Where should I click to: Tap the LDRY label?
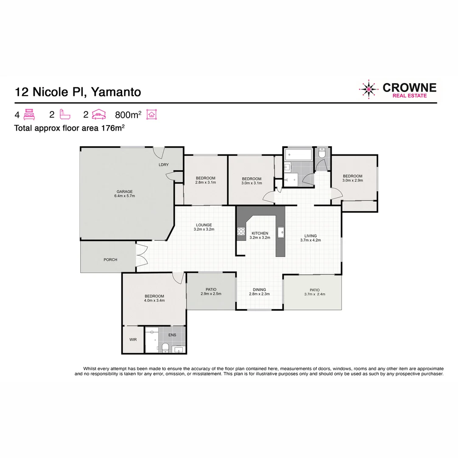pyautogui.click(x=163, y=165)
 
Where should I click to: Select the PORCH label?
pyautogui.click(x=110, y=260)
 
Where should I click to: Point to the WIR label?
pyautogui.click(x=133, y=340)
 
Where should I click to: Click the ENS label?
pyautogui.click(x=172, y=335)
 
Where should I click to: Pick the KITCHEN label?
pyautogui.click(x=260, y=233)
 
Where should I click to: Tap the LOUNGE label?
pyautogui.click(x=204, y=225)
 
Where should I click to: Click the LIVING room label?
pyautogui.click(x=310, y=236)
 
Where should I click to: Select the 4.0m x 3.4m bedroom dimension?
pyautogui.click(x=154, y=300)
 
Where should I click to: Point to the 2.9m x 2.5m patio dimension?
pyautogui.click(x=211, y=293)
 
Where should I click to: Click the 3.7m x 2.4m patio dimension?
pyautogui.click(x=314, y=294)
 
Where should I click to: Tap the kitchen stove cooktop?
pyautogui.click(x=241, y=232)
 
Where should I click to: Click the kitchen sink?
pyautogui.click(x=280, y=232)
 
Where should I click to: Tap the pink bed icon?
pyautogui.click(x=29, y=114)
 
